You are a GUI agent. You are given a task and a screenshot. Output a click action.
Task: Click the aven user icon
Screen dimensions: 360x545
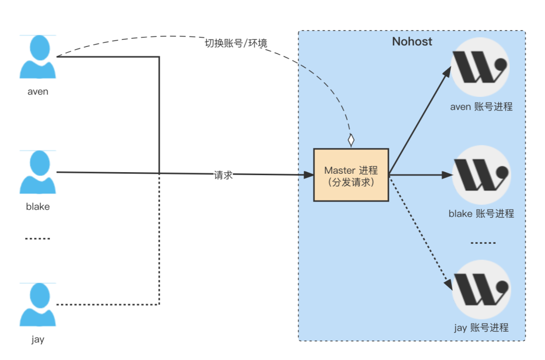point(37,57)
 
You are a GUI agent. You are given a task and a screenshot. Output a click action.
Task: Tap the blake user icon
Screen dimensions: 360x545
point(37,172)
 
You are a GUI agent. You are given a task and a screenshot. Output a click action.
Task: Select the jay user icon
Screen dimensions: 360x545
point(37,305)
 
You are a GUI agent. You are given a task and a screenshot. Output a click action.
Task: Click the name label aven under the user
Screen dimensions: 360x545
point(38,91)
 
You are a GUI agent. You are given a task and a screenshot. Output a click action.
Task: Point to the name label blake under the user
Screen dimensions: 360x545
point(38,207)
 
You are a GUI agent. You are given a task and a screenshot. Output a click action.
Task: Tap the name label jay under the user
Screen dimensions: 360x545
point(38,339)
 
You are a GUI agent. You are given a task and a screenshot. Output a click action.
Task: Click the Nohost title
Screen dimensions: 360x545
point(412,41)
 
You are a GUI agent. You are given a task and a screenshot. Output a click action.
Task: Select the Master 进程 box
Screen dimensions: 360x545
point(351,175)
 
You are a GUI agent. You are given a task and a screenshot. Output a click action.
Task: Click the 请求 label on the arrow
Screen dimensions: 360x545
point(223,175)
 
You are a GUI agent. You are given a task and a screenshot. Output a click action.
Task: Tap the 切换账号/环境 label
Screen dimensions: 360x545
point(236,43)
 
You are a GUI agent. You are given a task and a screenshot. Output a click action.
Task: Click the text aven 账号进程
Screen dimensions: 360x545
point(481,107)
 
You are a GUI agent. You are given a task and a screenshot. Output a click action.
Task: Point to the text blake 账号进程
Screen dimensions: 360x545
point(481,214)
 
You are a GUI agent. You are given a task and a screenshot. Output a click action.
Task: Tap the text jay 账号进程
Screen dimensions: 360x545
point(481,328)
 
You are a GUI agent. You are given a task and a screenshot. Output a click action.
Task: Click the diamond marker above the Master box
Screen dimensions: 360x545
point(351,140)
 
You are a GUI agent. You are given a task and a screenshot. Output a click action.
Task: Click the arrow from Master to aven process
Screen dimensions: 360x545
point(419,121)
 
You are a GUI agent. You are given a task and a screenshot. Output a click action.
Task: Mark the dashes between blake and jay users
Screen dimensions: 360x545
point(38,238)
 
